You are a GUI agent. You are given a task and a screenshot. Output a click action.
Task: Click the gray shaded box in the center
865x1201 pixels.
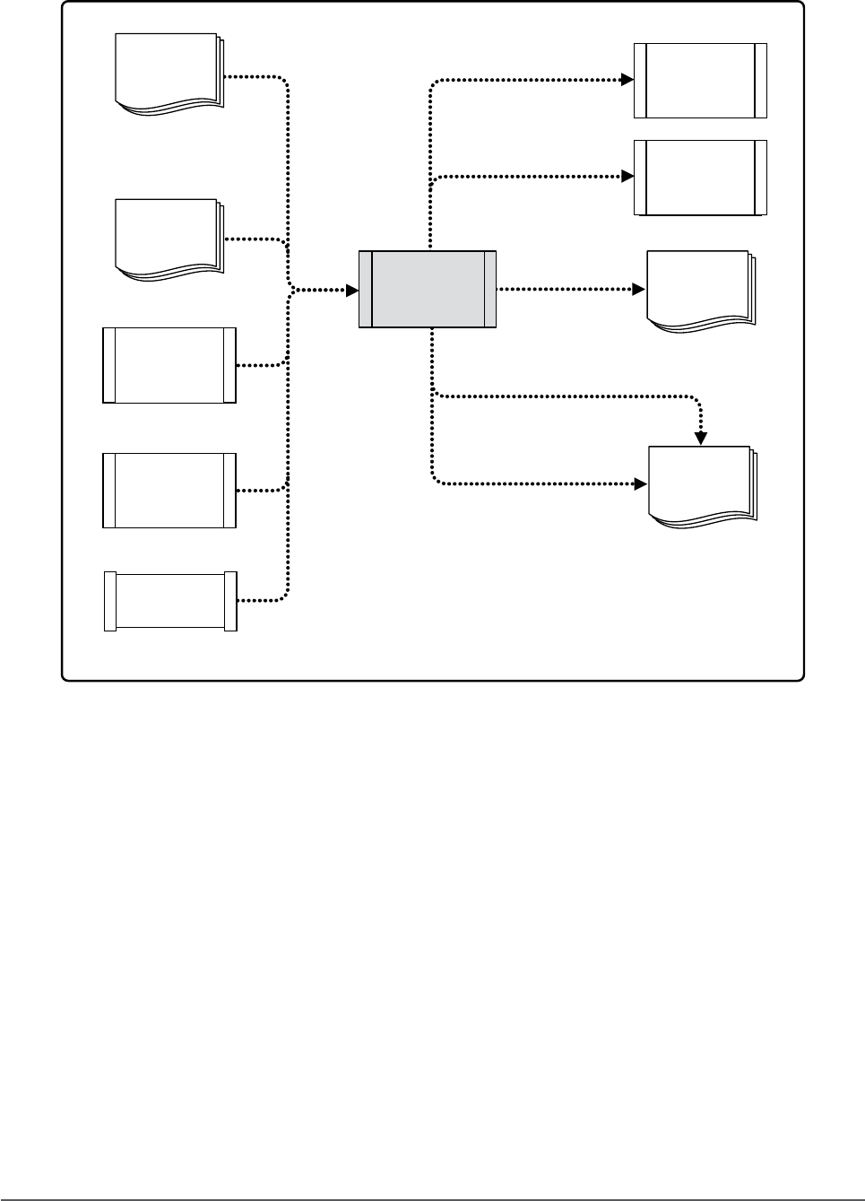pos(428,289)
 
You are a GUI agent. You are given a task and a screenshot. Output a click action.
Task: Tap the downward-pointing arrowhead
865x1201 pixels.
pos(702,439)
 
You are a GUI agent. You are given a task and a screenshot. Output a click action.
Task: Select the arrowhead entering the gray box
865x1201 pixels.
pos(352,290)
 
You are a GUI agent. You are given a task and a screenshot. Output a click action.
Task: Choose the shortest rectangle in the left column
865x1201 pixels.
pos(170,601)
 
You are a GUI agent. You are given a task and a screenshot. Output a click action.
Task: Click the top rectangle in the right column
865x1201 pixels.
pos(700,80)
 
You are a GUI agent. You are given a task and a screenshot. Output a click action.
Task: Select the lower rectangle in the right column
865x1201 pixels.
pos(700,178)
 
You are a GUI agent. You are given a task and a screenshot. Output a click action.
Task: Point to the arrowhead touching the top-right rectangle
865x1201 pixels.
pos(627,80)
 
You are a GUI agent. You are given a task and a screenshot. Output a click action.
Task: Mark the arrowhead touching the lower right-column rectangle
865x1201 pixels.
pos(627,177)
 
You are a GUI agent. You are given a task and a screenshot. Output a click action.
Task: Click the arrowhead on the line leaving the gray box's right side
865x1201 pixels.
pos(638,289)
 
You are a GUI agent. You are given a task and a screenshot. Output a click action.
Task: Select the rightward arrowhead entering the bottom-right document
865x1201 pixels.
pos(641,484)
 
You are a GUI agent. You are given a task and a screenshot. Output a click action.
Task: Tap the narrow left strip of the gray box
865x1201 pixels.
pos(365,289)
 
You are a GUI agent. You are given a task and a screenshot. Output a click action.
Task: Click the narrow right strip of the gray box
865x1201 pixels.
pos(489,289)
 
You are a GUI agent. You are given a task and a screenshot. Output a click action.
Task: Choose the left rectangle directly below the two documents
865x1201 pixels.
pos(169,365)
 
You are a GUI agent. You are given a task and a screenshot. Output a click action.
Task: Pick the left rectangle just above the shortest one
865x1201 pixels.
pos(169,490)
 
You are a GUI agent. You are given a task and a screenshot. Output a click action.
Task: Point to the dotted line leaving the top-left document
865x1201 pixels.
pos(255,77)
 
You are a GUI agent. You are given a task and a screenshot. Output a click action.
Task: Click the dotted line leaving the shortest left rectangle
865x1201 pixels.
pos(262,600)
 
